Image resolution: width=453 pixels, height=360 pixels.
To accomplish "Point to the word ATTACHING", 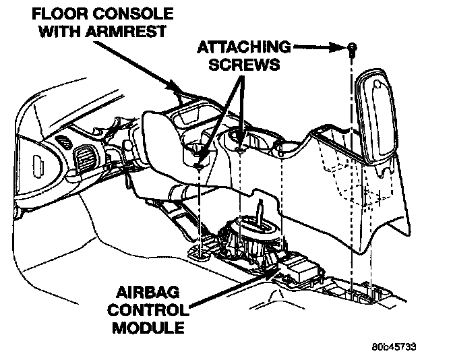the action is point(245,47).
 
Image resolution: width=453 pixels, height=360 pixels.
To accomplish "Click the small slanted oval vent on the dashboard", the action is point(65,144).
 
